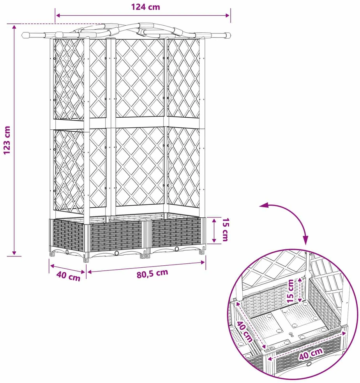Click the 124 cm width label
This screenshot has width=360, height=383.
click(x=146, y=7)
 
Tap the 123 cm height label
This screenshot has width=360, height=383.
click(x=7, y=140)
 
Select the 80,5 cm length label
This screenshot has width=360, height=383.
click(x=152, y=274)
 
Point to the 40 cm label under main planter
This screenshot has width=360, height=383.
click(x=69, y=276)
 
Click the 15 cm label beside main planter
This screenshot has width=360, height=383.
click(x=225, y=229)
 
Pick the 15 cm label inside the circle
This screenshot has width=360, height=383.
click(x=290, y=291)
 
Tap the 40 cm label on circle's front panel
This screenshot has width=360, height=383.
click(x=311, y=354)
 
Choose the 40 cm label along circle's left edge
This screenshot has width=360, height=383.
click(x=244, y=332)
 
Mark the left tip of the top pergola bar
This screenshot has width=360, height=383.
click(x=22, y=35)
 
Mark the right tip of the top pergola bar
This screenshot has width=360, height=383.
click(x=230, y=36)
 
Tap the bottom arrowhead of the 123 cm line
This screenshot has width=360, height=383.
click(x=14, y=252)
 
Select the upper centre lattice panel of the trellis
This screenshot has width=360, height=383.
click(x=140, y=78)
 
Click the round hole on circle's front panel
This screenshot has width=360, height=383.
click(x=309, y=364)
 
